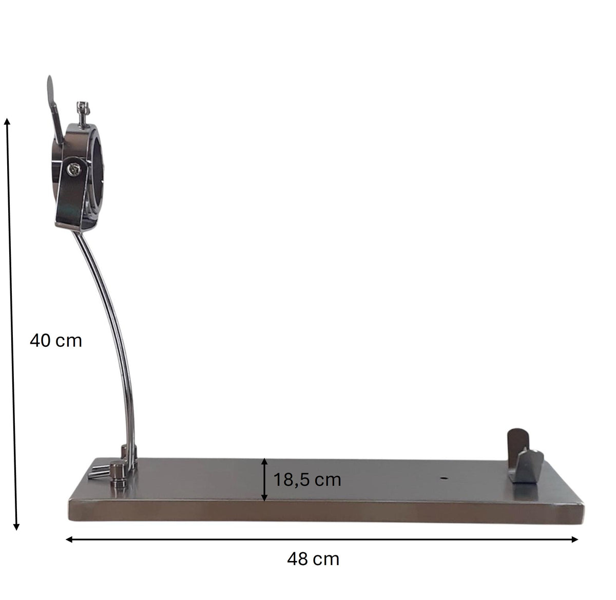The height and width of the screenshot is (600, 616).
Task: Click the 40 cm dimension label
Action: pyautogui.click(x=56, y=341)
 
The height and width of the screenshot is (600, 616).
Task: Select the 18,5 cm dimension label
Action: pyautogui.click(x=307, y=480)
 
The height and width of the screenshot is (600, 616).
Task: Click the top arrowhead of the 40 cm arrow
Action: pyautogui.click(x=7, y=122)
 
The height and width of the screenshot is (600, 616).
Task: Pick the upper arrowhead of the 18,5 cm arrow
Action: pyautogui.click(x=264, y=462)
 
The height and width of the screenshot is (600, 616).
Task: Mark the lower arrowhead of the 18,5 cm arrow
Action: pyautogui.click(x=264, y=497)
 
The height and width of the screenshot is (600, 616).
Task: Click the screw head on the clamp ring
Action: pyautogui.click(x=74, y=169)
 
